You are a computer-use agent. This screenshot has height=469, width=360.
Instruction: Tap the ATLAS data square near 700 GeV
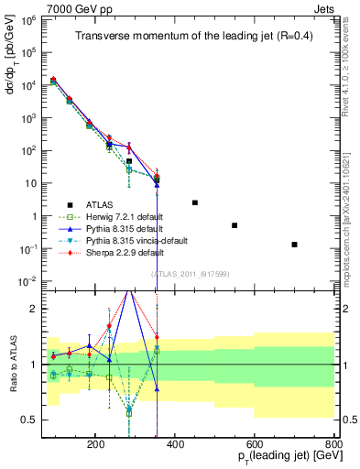pos(294,245)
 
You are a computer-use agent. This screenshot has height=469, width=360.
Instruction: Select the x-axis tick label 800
pos(333,442)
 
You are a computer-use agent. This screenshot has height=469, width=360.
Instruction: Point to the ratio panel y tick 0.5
pos(32,420)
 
